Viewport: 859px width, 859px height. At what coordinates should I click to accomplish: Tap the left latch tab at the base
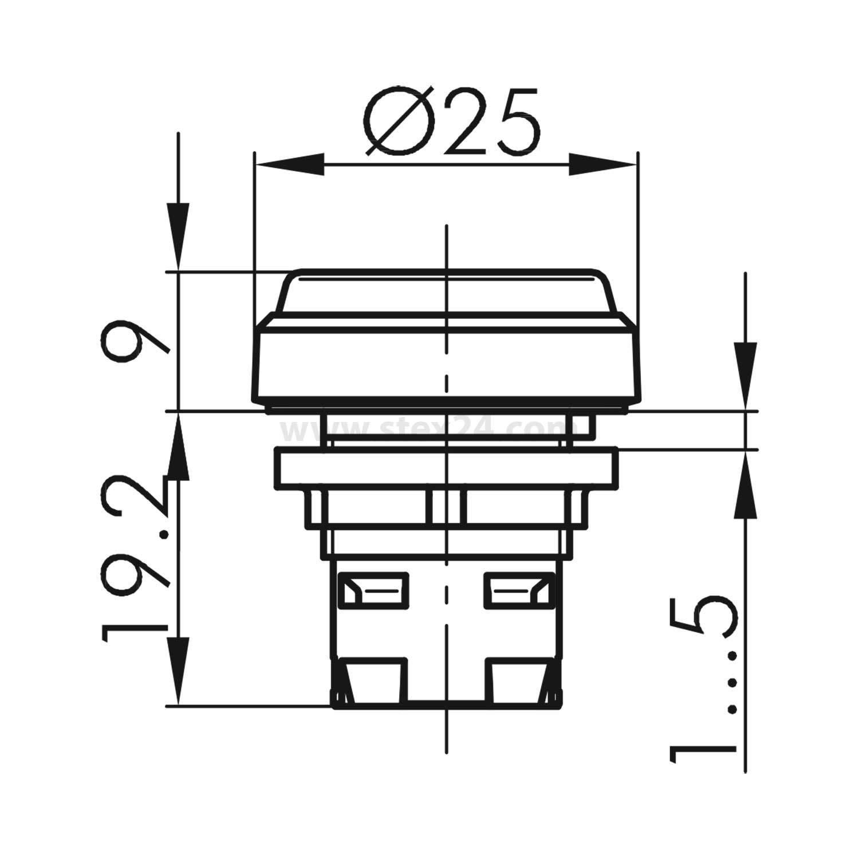click(x=372, y=681)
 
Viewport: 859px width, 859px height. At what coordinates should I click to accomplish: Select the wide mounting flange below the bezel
click(x=447, y=468)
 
